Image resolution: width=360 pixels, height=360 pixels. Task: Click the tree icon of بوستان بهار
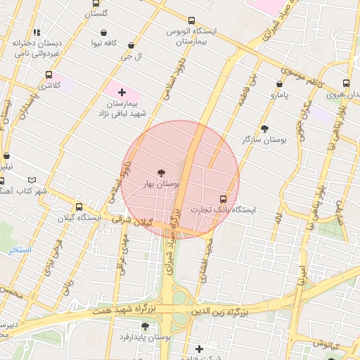click(162, 172)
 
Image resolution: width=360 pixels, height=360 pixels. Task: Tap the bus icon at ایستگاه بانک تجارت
click(224, 199)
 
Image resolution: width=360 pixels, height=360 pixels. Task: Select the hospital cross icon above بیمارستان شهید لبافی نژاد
click(122, 92)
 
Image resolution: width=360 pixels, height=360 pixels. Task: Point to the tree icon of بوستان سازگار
click(264, 129)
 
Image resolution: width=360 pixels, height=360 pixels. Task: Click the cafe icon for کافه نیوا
click(104, 32)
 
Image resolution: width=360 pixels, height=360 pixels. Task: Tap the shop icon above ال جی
click(131, 45)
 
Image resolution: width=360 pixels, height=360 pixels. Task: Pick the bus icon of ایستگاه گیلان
click(79, 207)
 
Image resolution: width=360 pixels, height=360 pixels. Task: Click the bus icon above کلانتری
click(49, 75)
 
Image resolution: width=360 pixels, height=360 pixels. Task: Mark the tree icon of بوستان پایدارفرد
click(145, 326)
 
